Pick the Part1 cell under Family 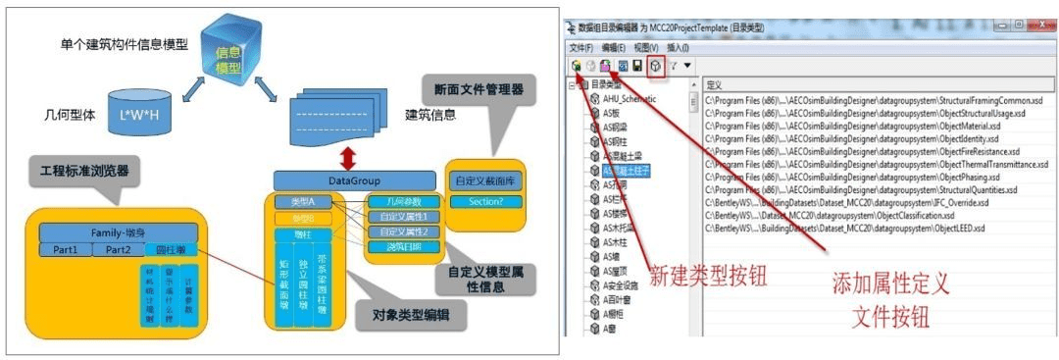66,250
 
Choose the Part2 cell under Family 118,250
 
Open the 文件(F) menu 581,47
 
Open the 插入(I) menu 678,47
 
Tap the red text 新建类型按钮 695,270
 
